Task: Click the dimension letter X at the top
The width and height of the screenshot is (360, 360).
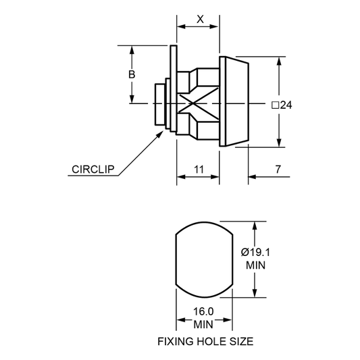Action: (200, 20)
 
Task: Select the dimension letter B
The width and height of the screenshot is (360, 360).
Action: (132, 74)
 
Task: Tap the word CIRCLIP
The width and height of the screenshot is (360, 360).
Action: (93, 170)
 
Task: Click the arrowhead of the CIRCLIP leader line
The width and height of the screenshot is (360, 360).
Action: (160, 134)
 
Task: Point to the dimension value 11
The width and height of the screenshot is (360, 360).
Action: (199, 170)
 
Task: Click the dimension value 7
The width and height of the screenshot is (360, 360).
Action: (278, 170)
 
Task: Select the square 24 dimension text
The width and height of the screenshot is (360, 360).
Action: (282, 105)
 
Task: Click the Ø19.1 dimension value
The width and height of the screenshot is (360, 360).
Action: (255, 253)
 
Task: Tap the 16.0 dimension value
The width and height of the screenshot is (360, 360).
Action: (203, 311)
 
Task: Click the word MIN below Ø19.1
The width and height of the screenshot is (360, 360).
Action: (255, 265)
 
